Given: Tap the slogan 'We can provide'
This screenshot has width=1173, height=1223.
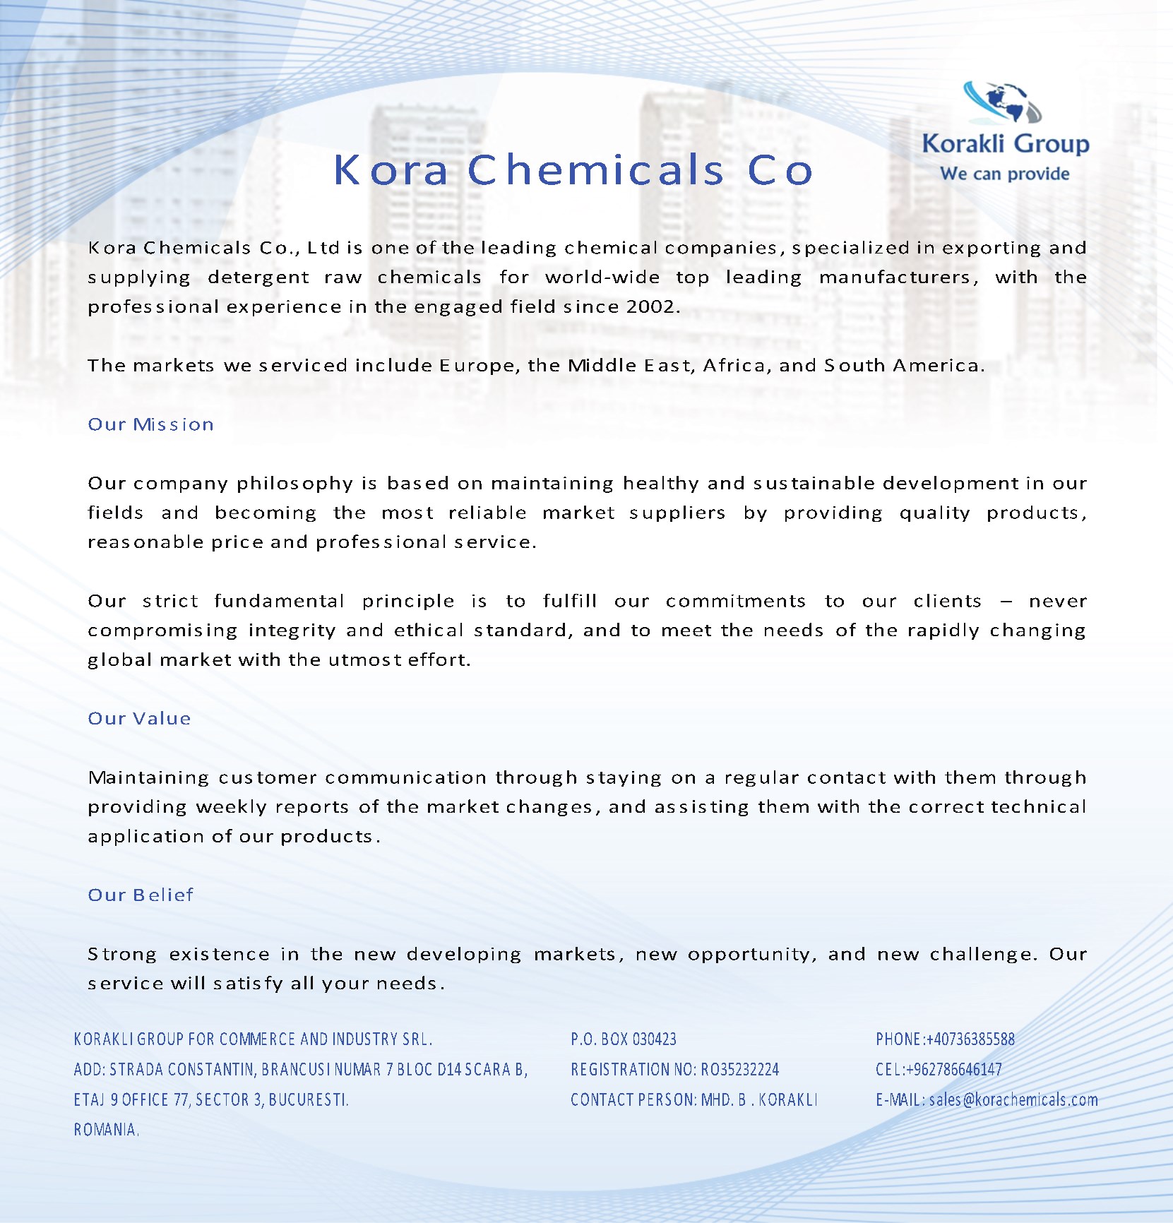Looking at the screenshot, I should click(x=1004, y=174).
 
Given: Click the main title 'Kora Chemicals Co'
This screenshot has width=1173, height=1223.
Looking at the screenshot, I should click(x=573, y=170).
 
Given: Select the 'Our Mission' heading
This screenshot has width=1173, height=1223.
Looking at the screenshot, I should click(x=150, y=424).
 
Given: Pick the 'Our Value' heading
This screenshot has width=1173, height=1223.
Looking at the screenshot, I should click(x=139, y=718).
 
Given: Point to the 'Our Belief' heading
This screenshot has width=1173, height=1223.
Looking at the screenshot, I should click(x=140, y=895).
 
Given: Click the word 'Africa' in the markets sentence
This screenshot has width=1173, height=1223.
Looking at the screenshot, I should click(x=735, y=365).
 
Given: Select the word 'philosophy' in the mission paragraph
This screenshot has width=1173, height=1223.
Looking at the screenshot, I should click(x=294, y=483).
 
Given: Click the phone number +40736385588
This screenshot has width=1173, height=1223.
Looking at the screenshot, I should click(x=970, y=1039).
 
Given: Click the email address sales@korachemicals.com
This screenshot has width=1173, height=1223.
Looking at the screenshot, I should click(x=1013, y=1099).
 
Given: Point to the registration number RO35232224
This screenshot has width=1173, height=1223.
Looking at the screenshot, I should click(x=740, y=1069).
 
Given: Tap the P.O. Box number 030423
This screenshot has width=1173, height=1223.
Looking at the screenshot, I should click(x=654, y=1039).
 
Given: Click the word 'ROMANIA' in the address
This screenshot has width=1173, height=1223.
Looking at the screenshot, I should click(x=105, y=1129).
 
